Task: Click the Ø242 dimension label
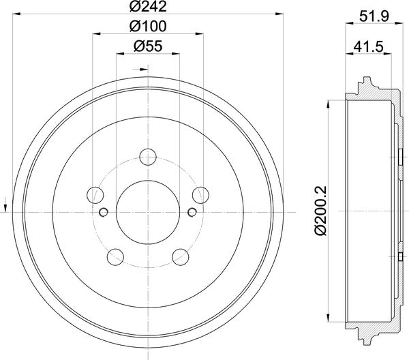pos(148,8)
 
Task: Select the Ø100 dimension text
pos(148,27)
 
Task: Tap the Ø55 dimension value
pos(148,47)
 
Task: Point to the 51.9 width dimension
pos(374,14)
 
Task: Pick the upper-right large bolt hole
pos(200,195)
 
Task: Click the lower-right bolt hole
pos(180,256)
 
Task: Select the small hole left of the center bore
pos(103,212)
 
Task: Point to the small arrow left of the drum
pos(6,202)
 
